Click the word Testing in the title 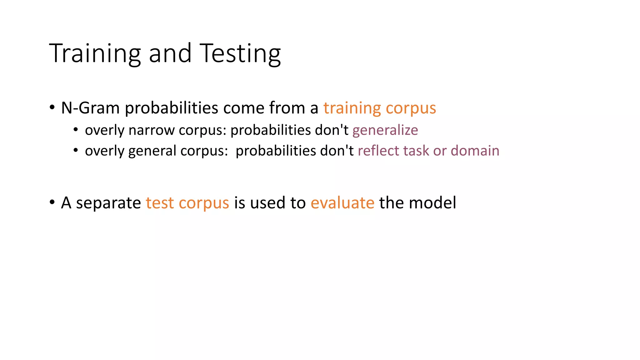tap(240, 54)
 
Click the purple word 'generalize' tap(385, 130)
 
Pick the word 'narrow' tap(152, 130)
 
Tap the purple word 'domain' tap(475, 151)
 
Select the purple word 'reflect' tap(378, 151)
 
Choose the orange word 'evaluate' tap(342, 203)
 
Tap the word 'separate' tap(108, 203)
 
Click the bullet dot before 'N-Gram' tap(52, 108)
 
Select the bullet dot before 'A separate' tap(52, 202)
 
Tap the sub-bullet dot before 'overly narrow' tap(76, 130)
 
